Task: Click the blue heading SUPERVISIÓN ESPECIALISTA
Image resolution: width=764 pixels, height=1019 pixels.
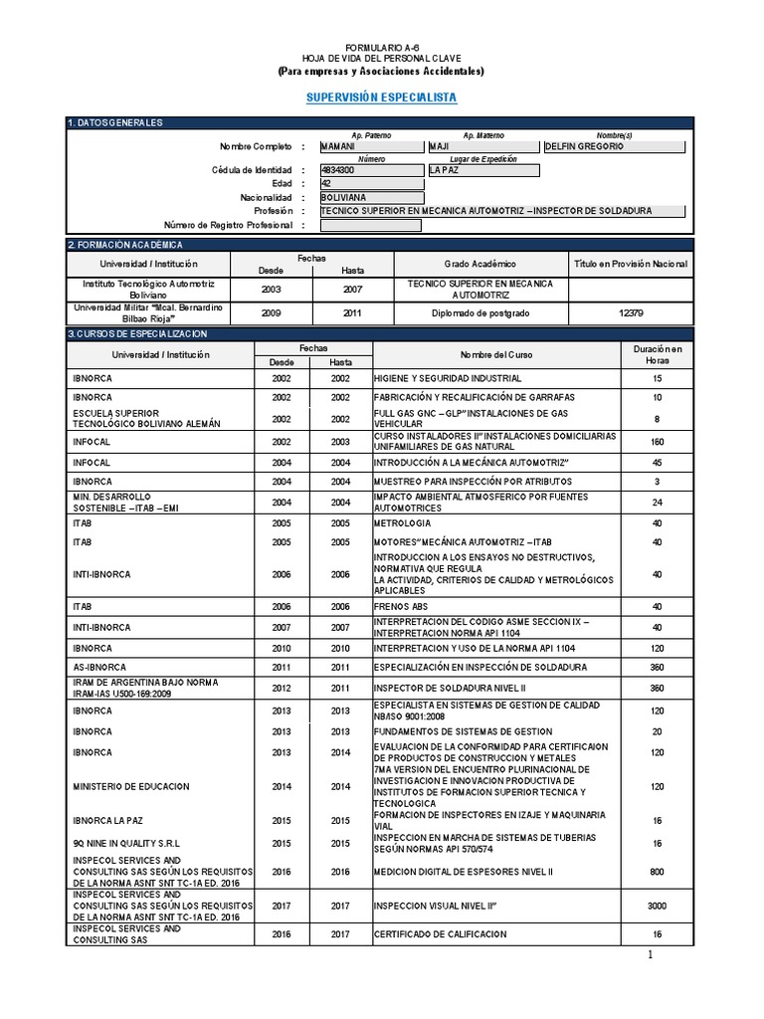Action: point(381,98)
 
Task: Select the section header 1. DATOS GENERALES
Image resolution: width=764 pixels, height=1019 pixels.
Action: point(114,122)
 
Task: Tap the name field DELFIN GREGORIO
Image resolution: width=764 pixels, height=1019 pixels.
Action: point(615,146)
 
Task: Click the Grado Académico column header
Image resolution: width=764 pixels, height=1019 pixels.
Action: point(480,264)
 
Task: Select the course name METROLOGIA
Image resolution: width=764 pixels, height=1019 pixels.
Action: point(403,522)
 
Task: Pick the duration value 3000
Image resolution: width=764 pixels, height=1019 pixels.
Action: point(657,906)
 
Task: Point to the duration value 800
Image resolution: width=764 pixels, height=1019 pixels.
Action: point(657,870)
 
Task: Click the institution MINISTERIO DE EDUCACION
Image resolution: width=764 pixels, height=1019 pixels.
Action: point(130,786)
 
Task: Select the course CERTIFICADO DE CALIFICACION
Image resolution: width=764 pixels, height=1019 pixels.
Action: point(440,933)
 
